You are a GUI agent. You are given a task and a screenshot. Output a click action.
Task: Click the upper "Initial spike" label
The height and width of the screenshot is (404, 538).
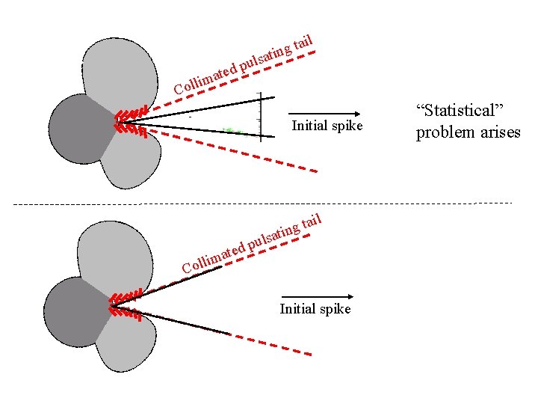pos(327,125)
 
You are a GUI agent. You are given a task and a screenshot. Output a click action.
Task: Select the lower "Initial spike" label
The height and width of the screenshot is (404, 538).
pos(315,309)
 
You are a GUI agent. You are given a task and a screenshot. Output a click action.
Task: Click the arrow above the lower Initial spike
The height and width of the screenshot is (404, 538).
pos(318,296)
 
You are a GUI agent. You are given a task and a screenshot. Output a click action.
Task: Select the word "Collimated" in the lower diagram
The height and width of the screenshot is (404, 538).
pos(213,256)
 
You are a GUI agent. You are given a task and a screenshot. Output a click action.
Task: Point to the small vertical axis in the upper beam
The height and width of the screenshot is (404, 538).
pos(259,116)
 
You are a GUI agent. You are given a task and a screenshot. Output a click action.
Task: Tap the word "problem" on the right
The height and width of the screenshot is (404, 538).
pos(445,133)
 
